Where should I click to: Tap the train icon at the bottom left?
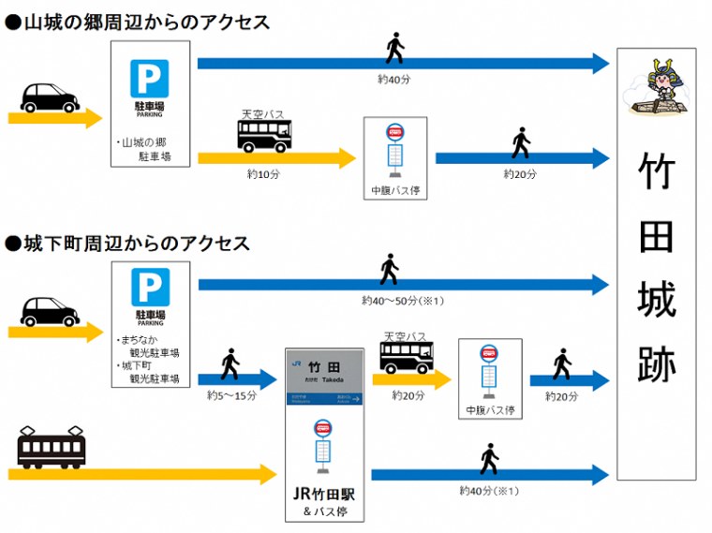52,448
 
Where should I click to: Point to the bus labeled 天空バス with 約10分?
264,135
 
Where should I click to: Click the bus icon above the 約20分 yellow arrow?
406,356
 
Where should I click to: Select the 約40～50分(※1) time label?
401,301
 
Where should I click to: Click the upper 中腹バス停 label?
395,190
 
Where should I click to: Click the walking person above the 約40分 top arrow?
395,48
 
